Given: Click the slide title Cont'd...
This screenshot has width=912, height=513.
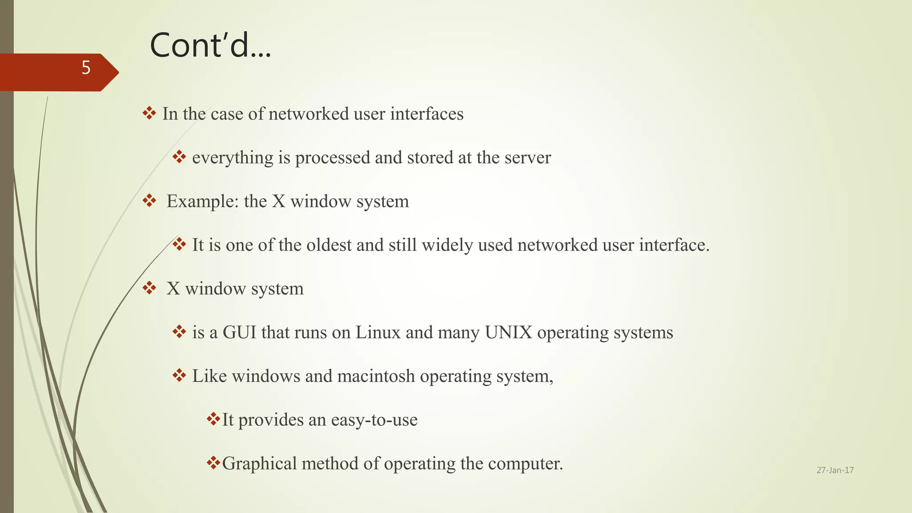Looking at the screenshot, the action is pyautogui.click(x=210, y=45).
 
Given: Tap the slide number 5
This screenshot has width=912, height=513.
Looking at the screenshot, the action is pyautogui.click(x=86, y=68).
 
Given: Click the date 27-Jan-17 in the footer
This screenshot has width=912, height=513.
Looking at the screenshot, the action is pyautogui.click(x=835, y=470).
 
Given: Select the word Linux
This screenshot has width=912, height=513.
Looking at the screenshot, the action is pyautogui.click(x=378, y=333).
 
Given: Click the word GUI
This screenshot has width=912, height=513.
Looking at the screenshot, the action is pyautogui.click(x=240, y=333).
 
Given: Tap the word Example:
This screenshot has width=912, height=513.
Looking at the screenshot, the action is pyautogui.click(x=203, y=201).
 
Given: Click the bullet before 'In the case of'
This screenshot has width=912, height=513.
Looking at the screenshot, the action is pyautogui.click(x=149, y=113).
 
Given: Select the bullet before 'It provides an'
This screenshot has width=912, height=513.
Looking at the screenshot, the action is pyautogui.click(x=213, y=419).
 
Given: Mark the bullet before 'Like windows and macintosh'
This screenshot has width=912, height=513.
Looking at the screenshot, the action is pyautogui.click(x=179, y=375).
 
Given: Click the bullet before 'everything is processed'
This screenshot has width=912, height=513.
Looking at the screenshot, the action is pyautogui.click(x=179, y=157).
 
